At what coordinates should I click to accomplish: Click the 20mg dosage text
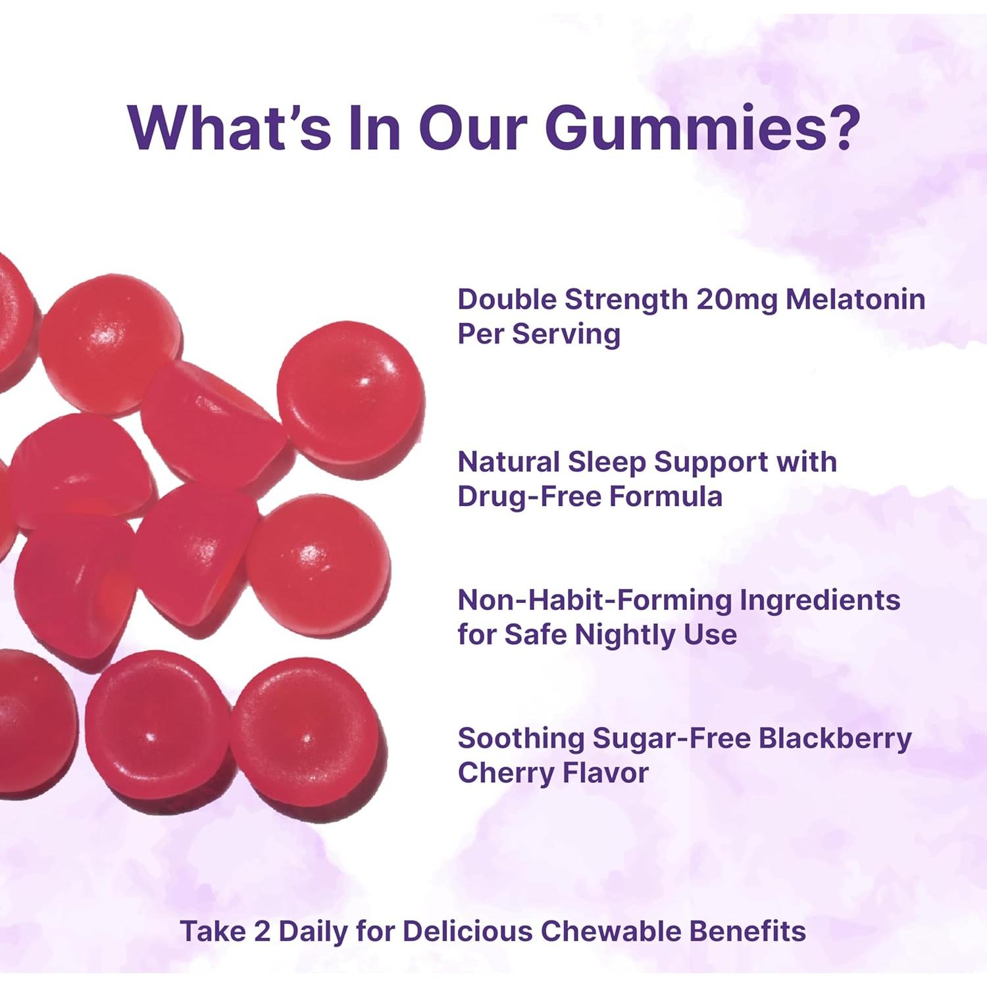(x=738, y=299)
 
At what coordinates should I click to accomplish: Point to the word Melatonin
(x=855, y=299)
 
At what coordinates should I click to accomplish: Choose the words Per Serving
(x=539, y=334)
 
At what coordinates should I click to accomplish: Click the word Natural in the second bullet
(x=508, y=462)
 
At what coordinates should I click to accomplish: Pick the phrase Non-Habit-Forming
(x=594, y=600)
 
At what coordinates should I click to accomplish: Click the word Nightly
(x=624, y=635)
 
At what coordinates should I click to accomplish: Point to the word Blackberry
(x=835, y=738)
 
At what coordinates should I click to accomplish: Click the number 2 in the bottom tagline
(x=262, y=932)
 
